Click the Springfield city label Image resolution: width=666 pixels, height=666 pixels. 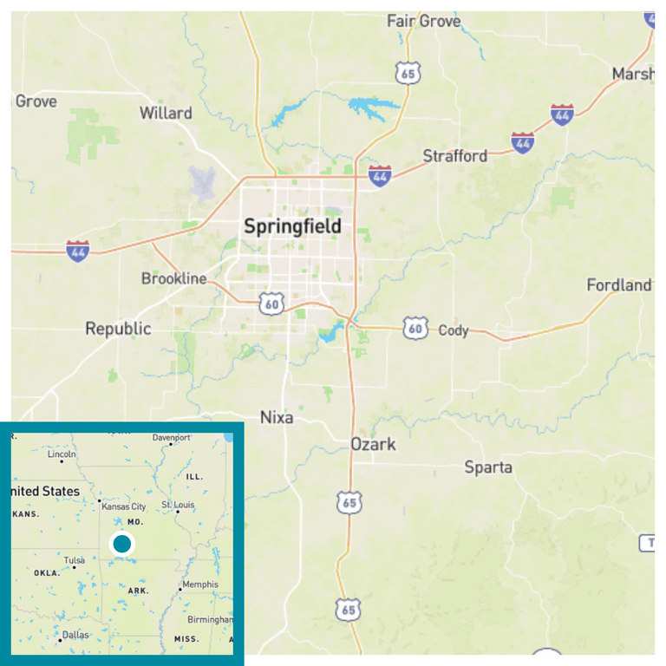pos(292,227)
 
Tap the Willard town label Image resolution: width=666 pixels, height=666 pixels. pos(166,113)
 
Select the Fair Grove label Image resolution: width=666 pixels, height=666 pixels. pos(424,21)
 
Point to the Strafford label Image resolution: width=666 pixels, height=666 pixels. pos(455,156)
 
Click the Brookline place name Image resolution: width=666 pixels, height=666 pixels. pos(174,278)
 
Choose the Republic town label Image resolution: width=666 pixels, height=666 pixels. pos(118,329)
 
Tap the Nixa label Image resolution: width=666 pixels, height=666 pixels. pos(277,418)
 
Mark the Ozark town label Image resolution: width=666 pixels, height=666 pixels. pos(373,444)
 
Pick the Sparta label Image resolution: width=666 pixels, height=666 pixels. pos(488,467)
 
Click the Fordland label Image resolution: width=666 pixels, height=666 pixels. pos(619,285)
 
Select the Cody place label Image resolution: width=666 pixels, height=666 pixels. pos(454,330)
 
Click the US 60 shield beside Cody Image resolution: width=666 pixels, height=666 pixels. pos(415,328)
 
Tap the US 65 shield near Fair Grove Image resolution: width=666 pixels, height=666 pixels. pos(408,74)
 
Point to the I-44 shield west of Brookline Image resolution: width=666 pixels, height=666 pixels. pos(78,251)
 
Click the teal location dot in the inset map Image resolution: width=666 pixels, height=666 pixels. pos(122,544)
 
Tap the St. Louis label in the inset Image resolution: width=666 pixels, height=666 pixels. pos(179,505)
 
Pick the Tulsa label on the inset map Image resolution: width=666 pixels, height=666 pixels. pos(74,560)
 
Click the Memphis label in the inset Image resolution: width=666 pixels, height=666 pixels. pos(200,584)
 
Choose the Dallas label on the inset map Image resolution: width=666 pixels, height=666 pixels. pos(74,635)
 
